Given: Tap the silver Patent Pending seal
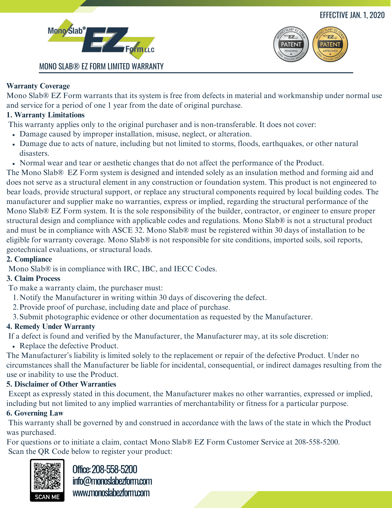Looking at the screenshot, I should [291, 44].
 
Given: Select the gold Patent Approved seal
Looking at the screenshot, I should [330, 44].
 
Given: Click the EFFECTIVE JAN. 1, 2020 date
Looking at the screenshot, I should [352, 15].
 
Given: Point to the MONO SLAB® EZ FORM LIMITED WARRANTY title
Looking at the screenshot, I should [101, 67].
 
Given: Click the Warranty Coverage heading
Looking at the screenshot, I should [38, 86].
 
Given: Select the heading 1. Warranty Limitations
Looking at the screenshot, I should [45, 115].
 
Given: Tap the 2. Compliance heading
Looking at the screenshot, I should [29, 259].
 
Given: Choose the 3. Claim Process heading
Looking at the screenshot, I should [33, 279].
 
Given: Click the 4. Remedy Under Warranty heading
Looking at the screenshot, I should [51, 327].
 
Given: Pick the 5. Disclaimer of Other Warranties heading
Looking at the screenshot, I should [61, 384].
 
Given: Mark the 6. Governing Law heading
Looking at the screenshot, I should [35, 413].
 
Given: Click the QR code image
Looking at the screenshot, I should [47, 476].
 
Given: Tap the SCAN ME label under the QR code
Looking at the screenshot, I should [47, 497].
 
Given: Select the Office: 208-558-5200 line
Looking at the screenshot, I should [105, 469].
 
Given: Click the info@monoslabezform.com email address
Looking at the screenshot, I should [112, 481].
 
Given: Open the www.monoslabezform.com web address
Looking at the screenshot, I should [111, 493].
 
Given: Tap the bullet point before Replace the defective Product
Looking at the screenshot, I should [14, 346].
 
